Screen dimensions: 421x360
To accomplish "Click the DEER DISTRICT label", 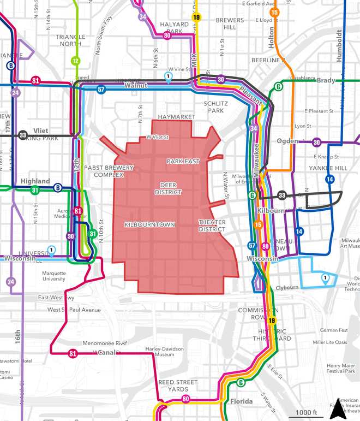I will pyautogui.click(x=167, y=188).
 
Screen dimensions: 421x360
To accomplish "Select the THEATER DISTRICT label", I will pyautogui.click(x=212, y=226).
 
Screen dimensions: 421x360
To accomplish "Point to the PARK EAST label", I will pyautogui.click(x=183, y=162).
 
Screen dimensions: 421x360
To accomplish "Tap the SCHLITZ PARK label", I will pyautogui.click(x=213, y=106).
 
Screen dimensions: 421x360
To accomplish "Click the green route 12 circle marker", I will pyautogui.click(x=75, y=61).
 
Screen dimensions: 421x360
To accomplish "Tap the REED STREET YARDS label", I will pyautogui.click(x=174, y=386).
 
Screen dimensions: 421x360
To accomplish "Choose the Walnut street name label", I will pyautogui.click(x=136, y=86).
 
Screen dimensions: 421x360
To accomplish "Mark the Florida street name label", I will pyautogui.click(x=241, y=402).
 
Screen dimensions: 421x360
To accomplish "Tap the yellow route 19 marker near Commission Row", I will pyautogui.click(x=271, y=321).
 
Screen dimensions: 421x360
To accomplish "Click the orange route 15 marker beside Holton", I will pyautogui.click(x=274, y=12).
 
